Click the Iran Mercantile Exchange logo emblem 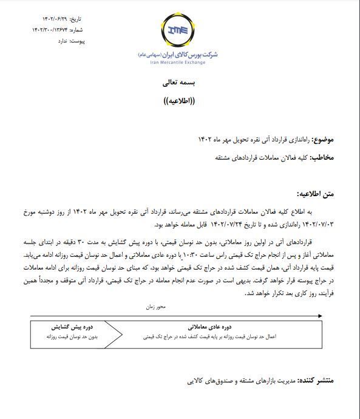coord(180,30)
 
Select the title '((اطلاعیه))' coord(180,100)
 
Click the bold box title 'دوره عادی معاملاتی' coord(212,327)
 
